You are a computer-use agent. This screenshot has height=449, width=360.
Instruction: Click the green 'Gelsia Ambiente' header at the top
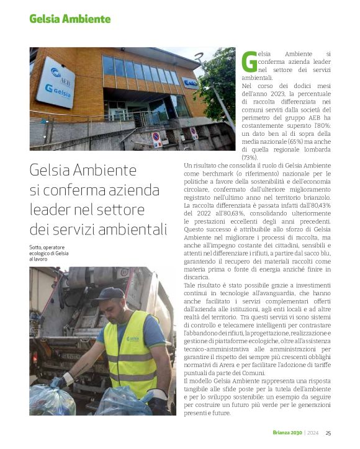click(x=70, y=19)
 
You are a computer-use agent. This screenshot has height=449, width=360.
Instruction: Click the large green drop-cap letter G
click(x=248, y=63)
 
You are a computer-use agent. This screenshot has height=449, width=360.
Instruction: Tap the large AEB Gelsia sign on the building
click(x=56, y=82)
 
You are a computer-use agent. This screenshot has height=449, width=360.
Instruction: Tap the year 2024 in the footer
click(x=314, y=433)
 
